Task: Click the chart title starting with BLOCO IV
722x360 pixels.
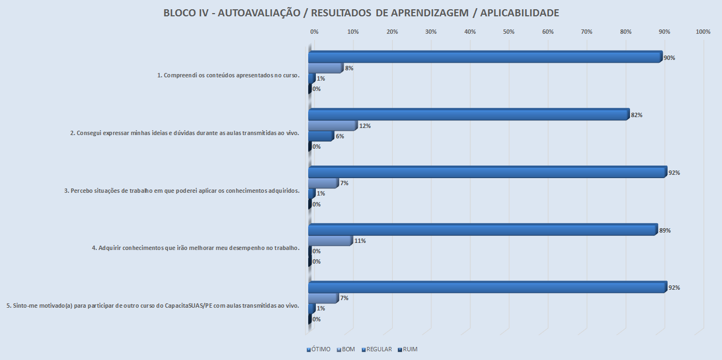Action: click(361, 13)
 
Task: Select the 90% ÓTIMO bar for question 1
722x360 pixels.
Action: click(485, 57)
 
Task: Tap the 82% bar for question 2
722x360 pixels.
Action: click(468, 115)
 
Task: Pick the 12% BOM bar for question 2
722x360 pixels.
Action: click(332, 126)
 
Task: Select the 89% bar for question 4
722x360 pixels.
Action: click(482, 230)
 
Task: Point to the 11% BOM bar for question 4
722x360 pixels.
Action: click(330, 241)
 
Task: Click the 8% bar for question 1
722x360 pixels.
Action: click(325, 68)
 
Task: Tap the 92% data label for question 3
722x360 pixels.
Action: click(674, 173)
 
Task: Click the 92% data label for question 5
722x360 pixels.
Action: click(674, 288)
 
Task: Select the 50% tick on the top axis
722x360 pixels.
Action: click(509, 32)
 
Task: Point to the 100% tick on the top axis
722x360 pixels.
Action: click(703, 32)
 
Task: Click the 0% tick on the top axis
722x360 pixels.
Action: click(314, 32)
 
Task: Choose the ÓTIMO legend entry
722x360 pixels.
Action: click(319, 349)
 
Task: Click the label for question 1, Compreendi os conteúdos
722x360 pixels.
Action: click(228, 76)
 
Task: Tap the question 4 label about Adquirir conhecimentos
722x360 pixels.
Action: click(195, 248)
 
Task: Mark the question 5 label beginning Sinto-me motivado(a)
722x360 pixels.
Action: click(153, 306)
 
